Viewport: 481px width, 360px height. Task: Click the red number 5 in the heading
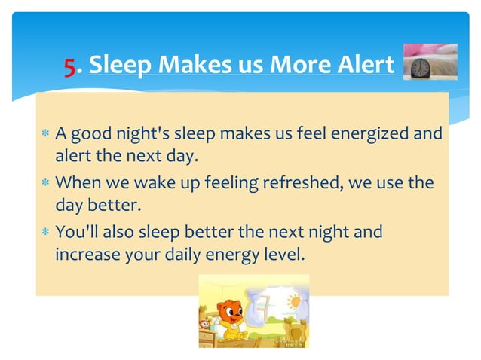(69, 67)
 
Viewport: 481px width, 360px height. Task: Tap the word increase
(86, 255)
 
